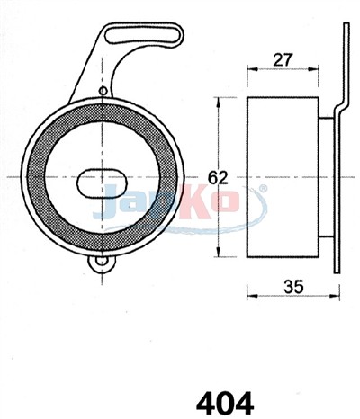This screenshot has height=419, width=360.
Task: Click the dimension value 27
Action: coord(283,59)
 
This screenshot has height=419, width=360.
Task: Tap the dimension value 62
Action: coord(218,178)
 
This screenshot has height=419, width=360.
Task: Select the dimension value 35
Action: coord(293,287)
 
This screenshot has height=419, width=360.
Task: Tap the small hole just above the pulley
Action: coord(103,91)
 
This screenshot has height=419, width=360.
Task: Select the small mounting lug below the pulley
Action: coord(102,263)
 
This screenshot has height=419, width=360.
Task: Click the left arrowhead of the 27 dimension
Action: coord(252,69)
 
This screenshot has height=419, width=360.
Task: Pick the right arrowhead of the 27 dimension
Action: coord(313,69)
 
